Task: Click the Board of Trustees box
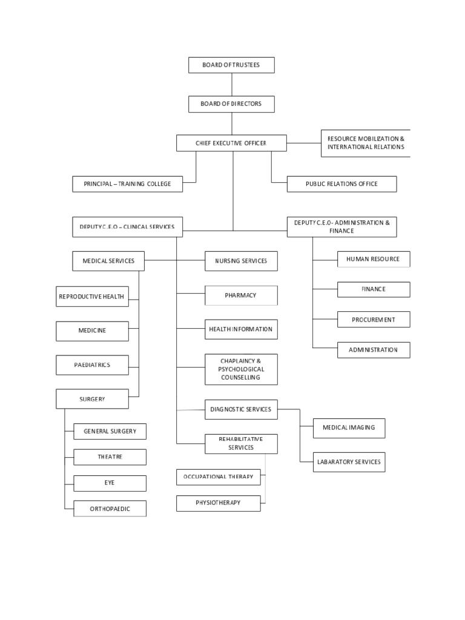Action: (231, 65)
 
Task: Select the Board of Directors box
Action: (231, 104)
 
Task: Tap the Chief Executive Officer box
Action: (231, 143)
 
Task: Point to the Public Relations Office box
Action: (341, 184)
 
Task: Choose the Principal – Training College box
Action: (127, 184)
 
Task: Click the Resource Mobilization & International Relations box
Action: (366, 143)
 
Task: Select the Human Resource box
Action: (373, 259)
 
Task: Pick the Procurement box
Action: (373, 320)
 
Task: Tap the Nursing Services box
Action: (241, 261)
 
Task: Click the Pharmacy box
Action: (241, 295)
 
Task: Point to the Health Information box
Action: (241, 329)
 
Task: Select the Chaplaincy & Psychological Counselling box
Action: (241, 369)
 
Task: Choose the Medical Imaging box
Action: (349, 427)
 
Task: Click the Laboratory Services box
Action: (349, 462)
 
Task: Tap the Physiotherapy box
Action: (219, 503)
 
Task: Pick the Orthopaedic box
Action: (110, 509)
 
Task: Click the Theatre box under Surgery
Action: (110, 457)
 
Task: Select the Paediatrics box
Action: (92, 365)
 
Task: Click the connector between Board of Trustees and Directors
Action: (231, 85)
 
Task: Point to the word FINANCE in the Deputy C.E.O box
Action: (341, 231)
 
